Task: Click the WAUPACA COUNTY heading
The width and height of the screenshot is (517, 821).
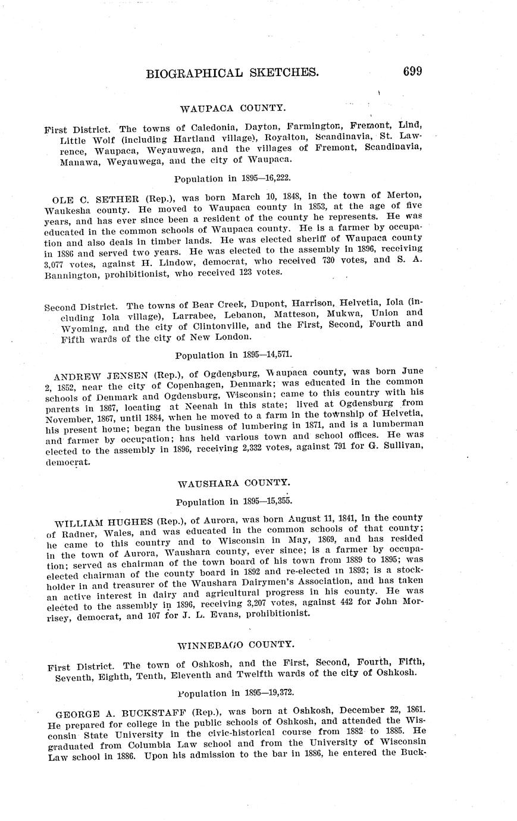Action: click(x=225, y=108)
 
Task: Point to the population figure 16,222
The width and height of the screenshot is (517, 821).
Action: click(x=274, y=178)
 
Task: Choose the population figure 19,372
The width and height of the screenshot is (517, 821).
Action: click(x=277, y=693)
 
